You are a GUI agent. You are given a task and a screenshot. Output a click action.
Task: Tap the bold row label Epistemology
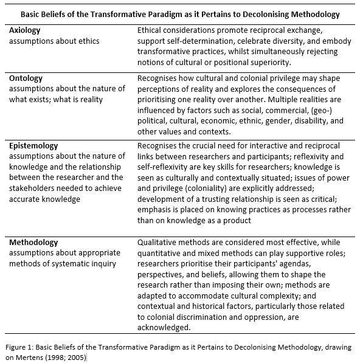[x=34, y=146]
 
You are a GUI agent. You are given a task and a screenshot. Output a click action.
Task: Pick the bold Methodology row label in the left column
[x=34, y=243]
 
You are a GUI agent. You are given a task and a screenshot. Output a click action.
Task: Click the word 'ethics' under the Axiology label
[x=87, y=41]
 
